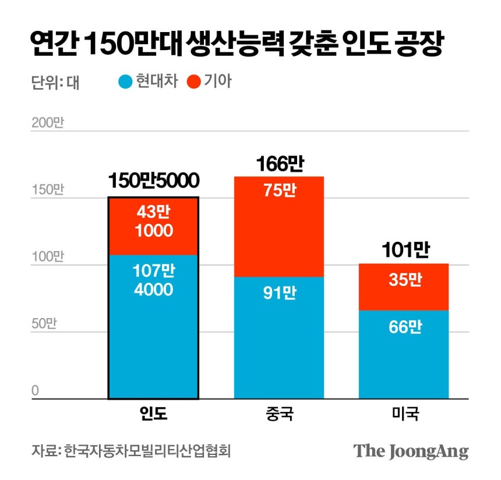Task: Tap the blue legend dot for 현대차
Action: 126,82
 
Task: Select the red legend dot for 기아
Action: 194,82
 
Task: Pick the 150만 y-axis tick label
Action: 47,190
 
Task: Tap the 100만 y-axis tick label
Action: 47,257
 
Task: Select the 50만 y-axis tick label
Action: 44,324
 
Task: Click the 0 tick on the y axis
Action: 35,390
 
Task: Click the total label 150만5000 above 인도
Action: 154,181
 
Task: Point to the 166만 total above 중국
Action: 279,164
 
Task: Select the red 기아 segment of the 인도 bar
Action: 154,226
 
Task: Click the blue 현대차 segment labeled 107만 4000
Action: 154,326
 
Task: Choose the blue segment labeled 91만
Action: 279,338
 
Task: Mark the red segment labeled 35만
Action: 404,287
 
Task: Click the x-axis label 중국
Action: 279,415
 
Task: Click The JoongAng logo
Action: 411,451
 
